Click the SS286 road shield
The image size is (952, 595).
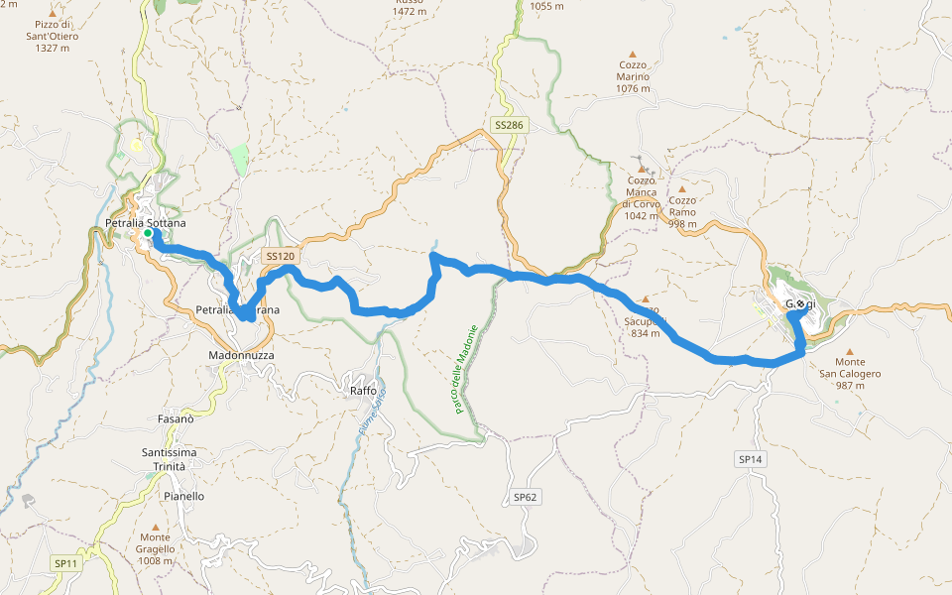[x=510, y=126]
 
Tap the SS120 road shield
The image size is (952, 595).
[x=281, y=256]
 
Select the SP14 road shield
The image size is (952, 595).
[x=750, y=459]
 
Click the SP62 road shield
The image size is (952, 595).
[x=526, y=496]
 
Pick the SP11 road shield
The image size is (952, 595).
[x=65, y=563]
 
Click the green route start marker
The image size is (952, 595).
[x=147, y=234]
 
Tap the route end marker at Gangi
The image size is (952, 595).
[x=799, y=304]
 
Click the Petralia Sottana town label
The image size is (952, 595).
[x=145, y=223]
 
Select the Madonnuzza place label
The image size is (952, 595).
[x=241, y=355]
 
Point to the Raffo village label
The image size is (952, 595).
[x=363, y=391]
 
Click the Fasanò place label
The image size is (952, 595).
[x=176, y=418]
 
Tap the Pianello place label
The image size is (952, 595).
[x=184, y=496]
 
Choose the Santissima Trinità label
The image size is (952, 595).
[x=169, y=459]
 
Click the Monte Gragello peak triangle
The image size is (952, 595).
[x=156, y=527]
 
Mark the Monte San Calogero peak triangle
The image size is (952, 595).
[x=850, y=350]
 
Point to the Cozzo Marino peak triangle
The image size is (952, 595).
[x=633, y=55]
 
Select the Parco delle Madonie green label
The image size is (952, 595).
[x=466, y=369]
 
